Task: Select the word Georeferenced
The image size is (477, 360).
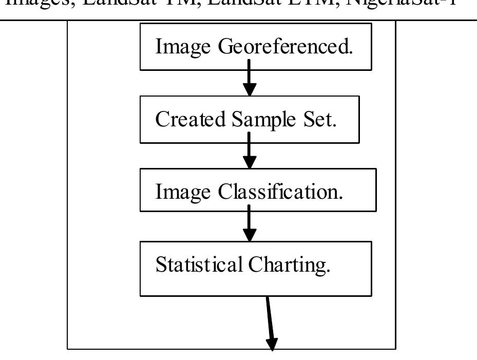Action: pos(285,47)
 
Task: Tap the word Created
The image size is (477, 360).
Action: pos(190,120)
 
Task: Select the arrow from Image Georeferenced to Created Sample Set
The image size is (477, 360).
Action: pos(249,77)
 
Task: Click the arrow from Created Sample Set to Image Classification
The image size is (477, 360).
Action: pos(249,150)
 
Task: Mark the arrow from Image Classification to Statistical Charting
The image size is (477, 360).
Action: pos(249,223)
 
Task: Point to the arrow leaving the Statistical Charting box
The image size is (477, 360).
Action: pos(270,321)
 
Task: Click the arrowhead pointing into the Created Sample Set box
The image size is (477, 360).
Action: pos(249,89)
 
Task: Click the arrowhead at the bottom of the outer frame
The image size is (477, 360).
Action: pos(272,344)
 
